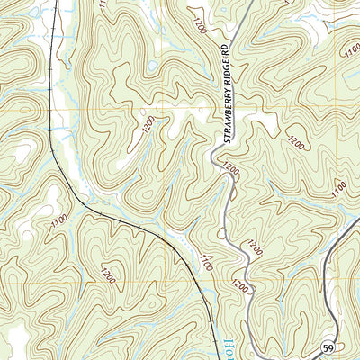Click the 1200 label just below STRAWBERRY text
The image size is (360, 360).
pos(229,169)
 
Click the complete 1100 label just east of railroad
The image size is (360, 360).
pos(206,264)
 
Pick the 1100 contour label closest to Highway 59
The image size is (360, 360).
pos(339,189)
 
